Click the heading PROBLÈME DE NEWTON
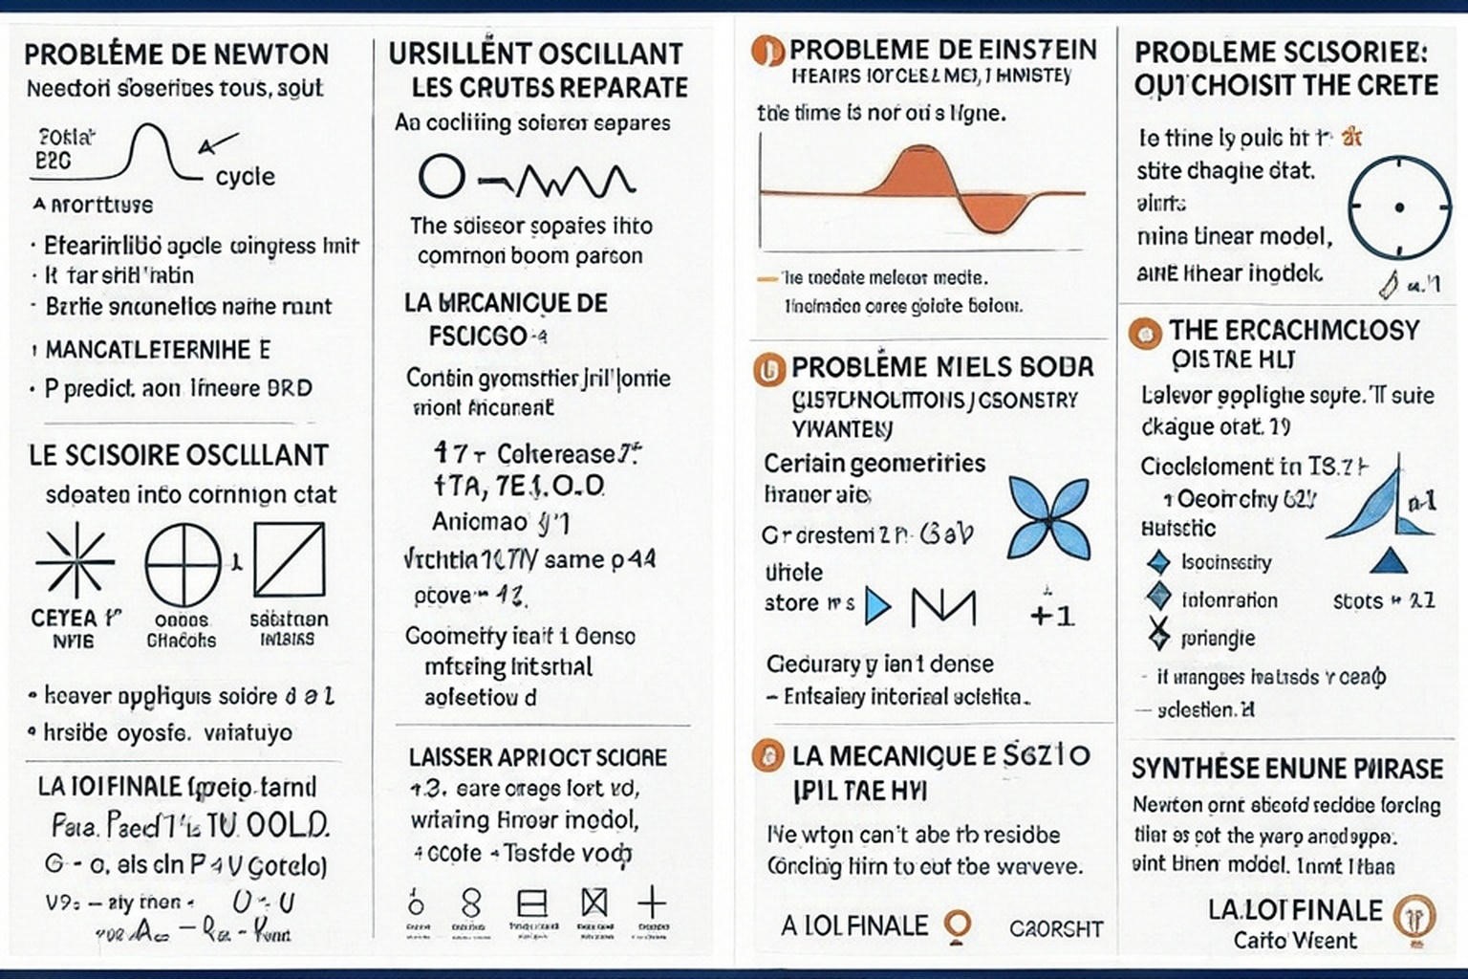pyautogui.click(x=176, y=54)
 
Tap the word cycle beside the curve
pyautogui.click(x=245, y=177)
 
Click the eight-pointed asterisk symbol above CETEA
pyautogui.click(x=75, y=562)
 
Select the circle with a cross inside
pyautogui.click(x=183, y=564)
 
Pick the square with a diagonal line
pyautogui.click(x=289, y=560)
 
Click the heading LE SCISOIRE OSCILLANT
pyautogui.click(x=179, y=455)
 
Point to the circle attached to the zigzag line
pyautogui.click(x=442, y=177)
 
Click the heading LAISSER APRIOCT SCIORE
pyautogui.click(x=538, y=757)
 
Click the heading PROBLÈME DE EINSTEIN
pyautogui.click(x=942, y=50)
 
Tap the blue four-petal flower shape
pyautogui.click(x=1048, y=517)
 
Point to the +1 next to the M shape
pyautogui.click(x=1053, y=614)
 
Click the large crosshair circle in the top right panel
pyautogui.click(x=1398, y=207)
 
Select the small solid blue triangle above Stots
pyautogui.click(x=1388, y=560)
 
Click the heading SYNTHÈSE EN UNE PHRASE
pyautogui.click(x=1287, y=769)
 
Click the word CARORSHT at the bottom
pyautogui.click(x=1056, y=928)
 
